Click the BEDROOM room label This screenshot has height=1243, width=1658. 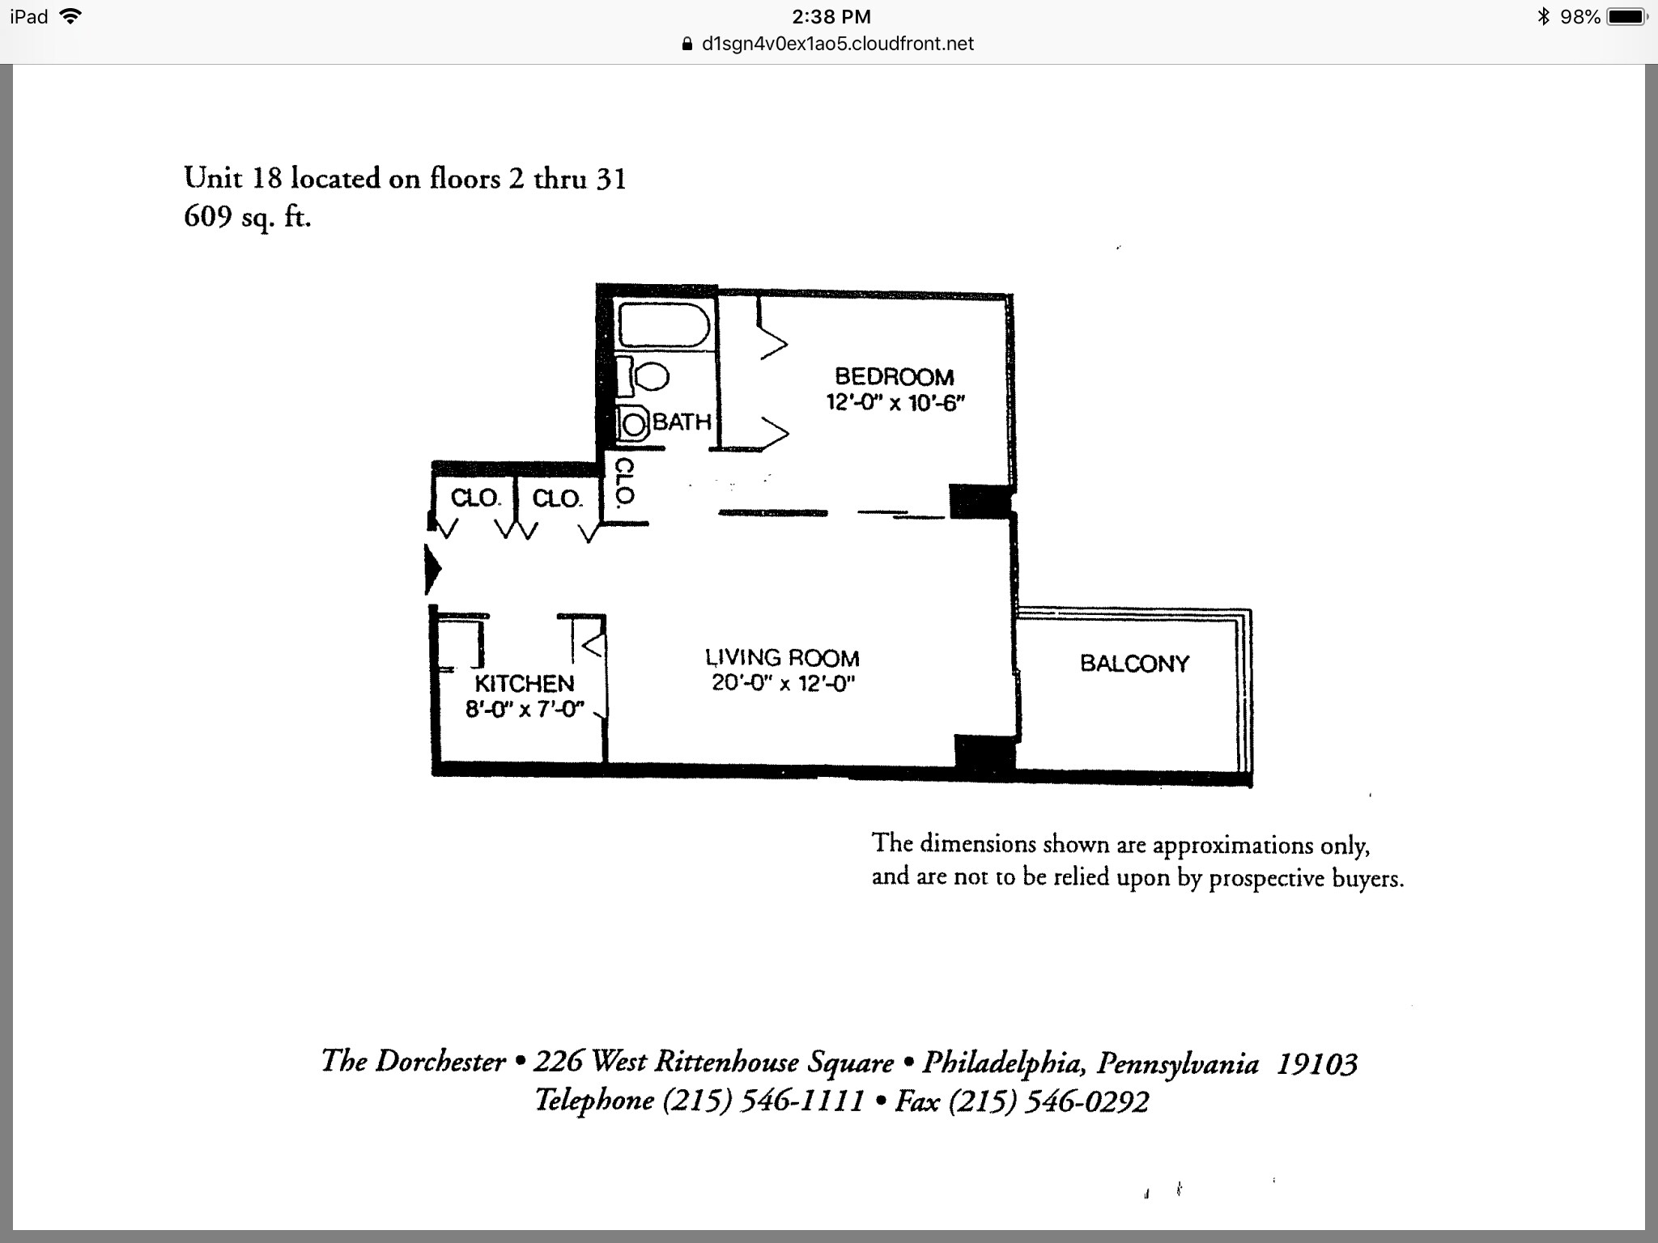click(x=894, y=376)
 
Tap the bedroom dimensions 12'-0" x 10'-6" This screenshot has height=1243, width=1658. click(x=895, y=402)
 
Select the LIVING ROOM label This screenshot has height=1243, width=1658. click(x=781, y=657)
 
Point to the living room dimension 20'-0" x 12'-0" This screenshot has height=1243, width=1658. click(x=783, y=683)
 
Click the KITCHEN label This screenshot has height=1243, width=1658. click(x=524, y=683)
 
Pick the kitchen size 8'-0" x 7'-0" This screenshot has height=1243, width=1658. click(x=524, y=710)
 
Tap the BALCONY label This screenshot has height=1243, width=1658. click(x=1134, y=664)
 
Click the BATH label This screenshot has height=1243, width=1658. click(x=682, y=422)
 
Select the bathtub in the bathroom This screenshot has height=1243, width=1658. click(x=664, y=326)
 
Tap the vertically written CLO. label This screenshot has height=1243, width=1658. click(x=623, y=482)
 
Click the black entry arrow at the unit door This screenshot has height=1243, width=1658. click(x=432, y=570)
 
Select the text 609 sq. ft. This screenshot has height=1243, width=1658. click(x=247, y=217)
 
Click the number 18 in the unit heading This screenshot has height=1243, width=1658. click(x=266, y=177)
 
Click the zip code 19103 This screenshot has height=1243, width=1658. click(x=1316, y=1063)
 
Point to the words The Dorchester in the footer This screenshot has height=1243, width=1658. click(x=413, y=1061)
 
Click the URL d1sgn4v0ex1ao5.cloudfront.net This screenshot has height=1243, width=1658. click(x=837, y=44)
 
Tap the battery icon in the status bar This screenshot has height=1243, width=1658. click(x=1627, y=16)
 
